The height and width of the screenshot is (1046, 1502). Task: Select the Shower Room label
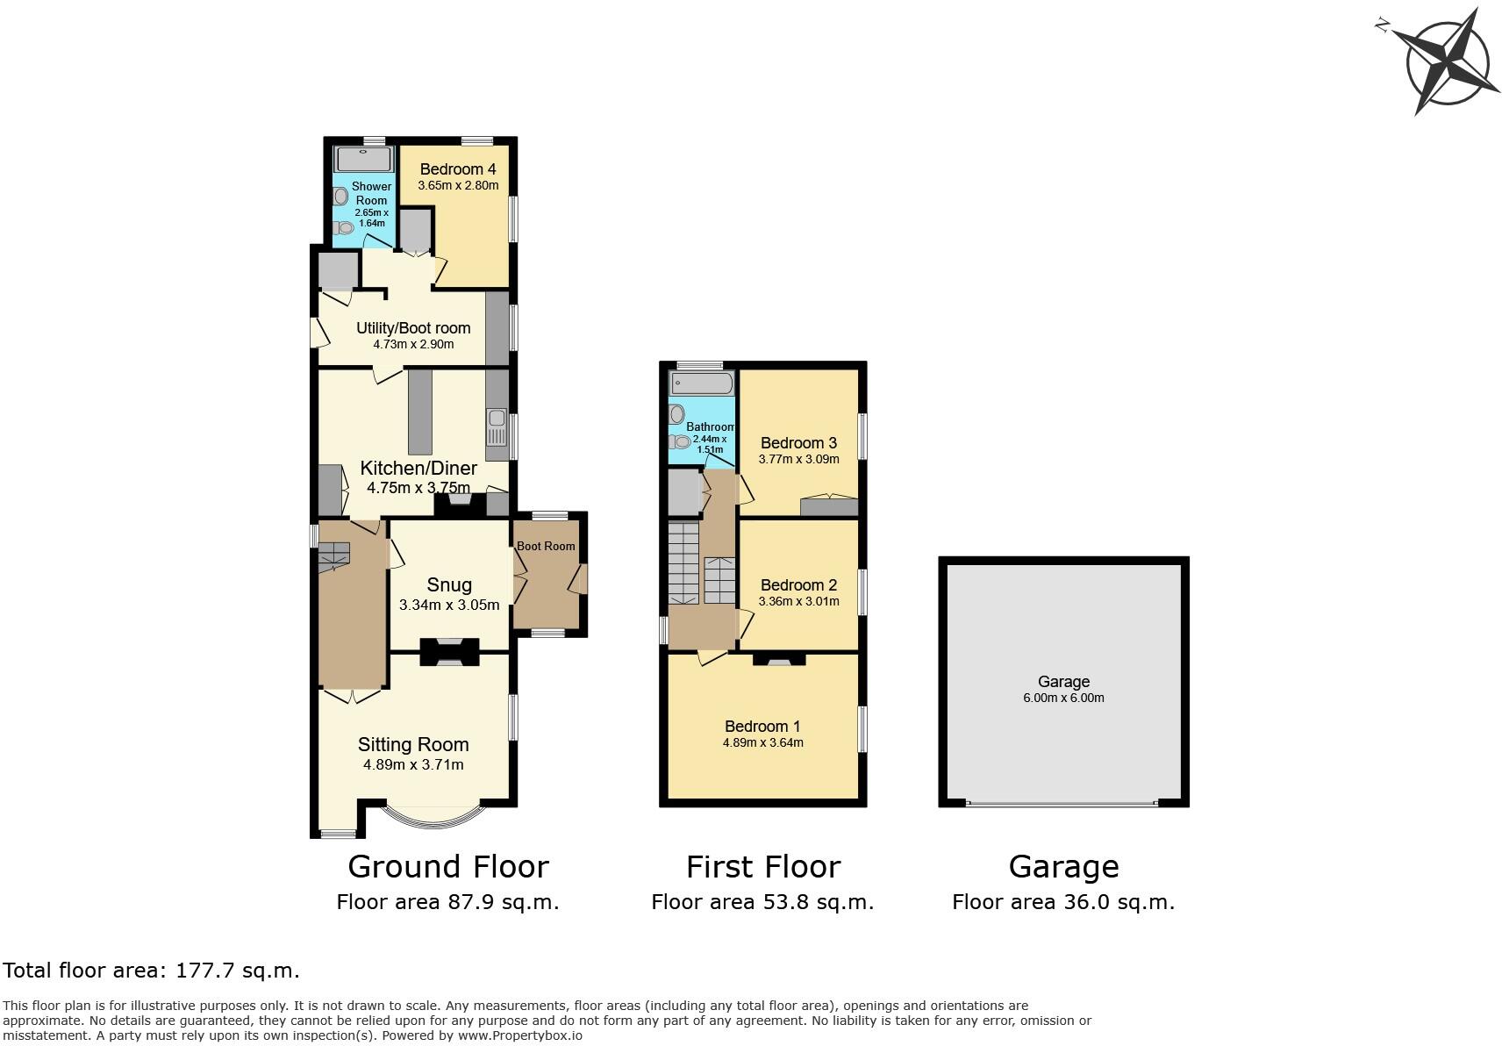coord(371,193)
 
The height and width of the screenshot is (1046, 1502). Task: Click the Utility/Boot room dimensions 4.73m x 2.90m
coord(413,345)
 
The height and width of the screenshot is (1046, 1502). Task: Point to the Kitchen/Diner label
coord(418,468)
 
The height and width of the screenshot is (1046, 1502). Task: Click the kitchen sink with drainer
coord(497,428)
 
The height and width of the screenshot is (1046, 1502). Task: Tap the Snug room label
coord(449,585)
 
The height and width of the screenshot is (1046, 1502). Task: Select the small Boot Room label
coord(546,546)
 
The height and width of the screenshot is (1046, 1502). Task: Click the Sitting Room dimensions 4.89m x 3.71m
coord(413,764)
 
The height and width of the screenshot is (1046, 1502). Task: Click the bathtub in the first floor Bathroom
coord(701,383)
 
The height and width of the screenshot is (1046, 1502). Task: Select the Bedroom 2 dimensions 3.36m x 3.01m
coord(798,601)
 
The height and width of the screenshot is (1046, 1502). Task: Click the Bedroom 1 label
coord(762,727)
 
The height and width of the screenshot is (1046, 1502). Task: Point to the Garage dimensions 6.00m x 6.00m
coord(1063,699)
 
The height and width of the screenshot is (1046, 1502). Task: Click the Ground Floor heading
coord(448,867)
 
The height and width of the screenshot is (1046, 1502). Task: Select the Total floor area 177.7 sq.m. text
coord(152,971)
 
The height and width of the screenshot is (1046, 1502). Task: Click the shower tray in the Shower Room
coord(363,159)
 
